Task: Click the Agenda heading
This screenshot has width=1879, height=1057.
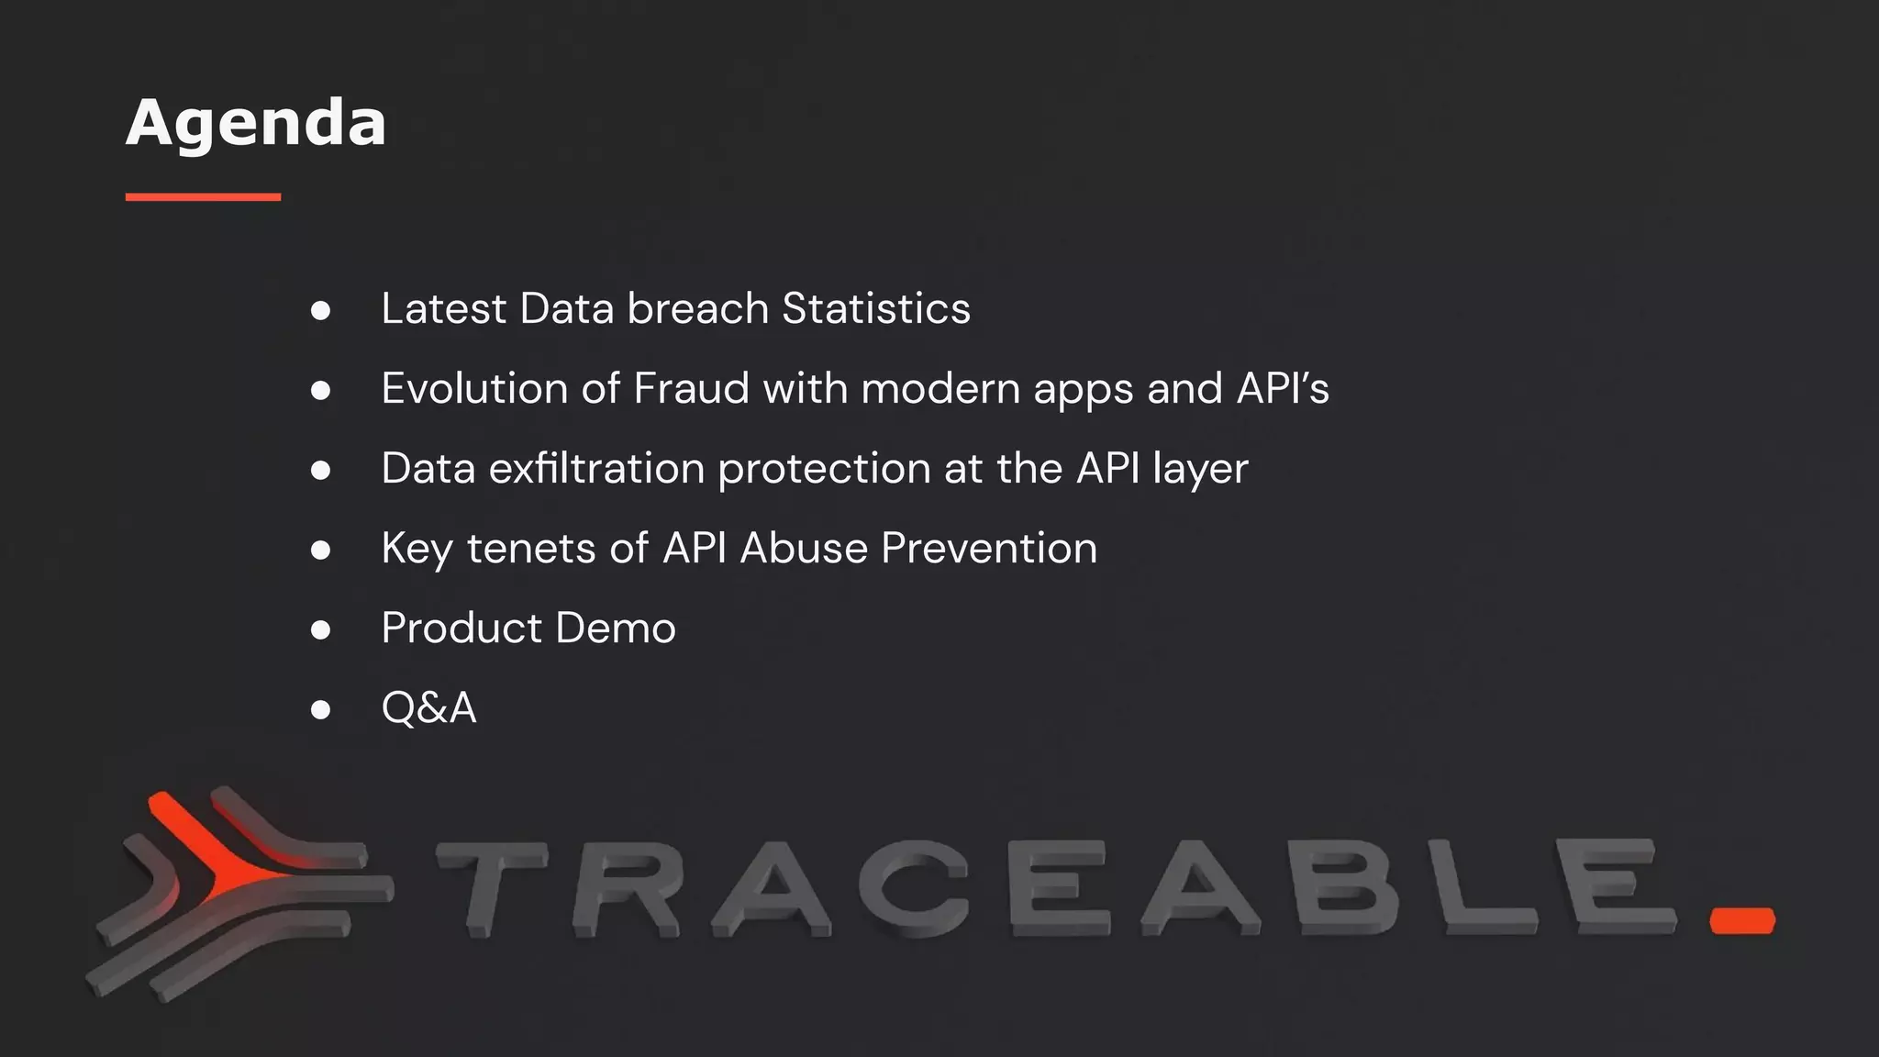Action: (256, 123)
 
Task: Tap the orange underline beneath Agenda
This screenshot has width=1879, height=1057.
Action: (203, 196)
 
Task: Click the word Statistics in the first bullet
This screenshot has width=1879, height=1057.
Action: (876, 308)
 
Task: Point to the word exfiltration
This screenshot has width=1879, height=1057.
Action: (595, 468)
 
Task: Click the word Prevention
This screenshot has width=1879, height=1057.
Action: (989, 548)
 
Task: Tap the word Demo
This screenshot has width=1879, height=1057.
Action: (616, 628)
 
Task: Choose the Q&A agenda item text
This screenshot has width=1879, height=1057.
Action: (428, 707)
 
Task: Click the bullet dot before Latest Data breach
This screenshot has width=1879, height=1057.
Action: (320, 310)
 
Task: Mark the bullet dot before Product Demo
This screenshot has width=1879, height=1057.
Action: (320, 629)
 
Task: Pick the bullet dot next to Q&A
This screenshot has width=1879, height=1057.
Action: (320, 709)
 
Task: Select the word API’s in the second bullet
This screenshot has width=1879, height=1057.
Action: (1283, 388)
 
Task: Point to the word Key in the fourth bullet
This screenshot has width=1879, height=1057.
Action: (417, 549)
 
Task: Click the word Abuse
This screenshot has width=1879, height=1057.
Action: (804, 548)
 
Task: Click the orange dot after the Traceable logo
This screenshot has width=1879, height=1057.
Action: (1742, 920)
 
